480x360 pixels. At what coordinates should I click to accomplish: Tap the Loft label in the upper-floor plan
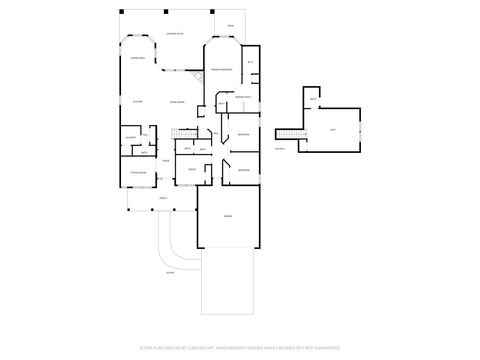(330, 130)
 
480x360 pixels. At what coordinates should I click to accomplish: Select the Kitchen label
(138, 102)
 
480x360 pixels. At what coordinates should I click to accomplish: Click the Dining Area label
(138, 59)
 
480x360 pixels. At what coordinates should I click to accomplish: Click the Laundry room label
(130, 138)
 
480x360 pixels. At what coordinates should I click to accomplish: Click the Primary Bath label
(242, 96)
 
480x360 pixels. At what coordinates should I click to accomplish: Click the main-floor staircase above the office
(184, 135)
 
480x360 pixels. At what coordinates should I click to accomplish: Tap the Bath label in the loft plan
(313, 100)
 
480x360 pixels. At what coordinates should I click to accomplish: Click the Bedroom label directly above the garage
(243, 171)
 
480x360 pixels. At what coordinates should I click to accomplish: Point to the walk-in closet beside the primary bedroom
(251, 64)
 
